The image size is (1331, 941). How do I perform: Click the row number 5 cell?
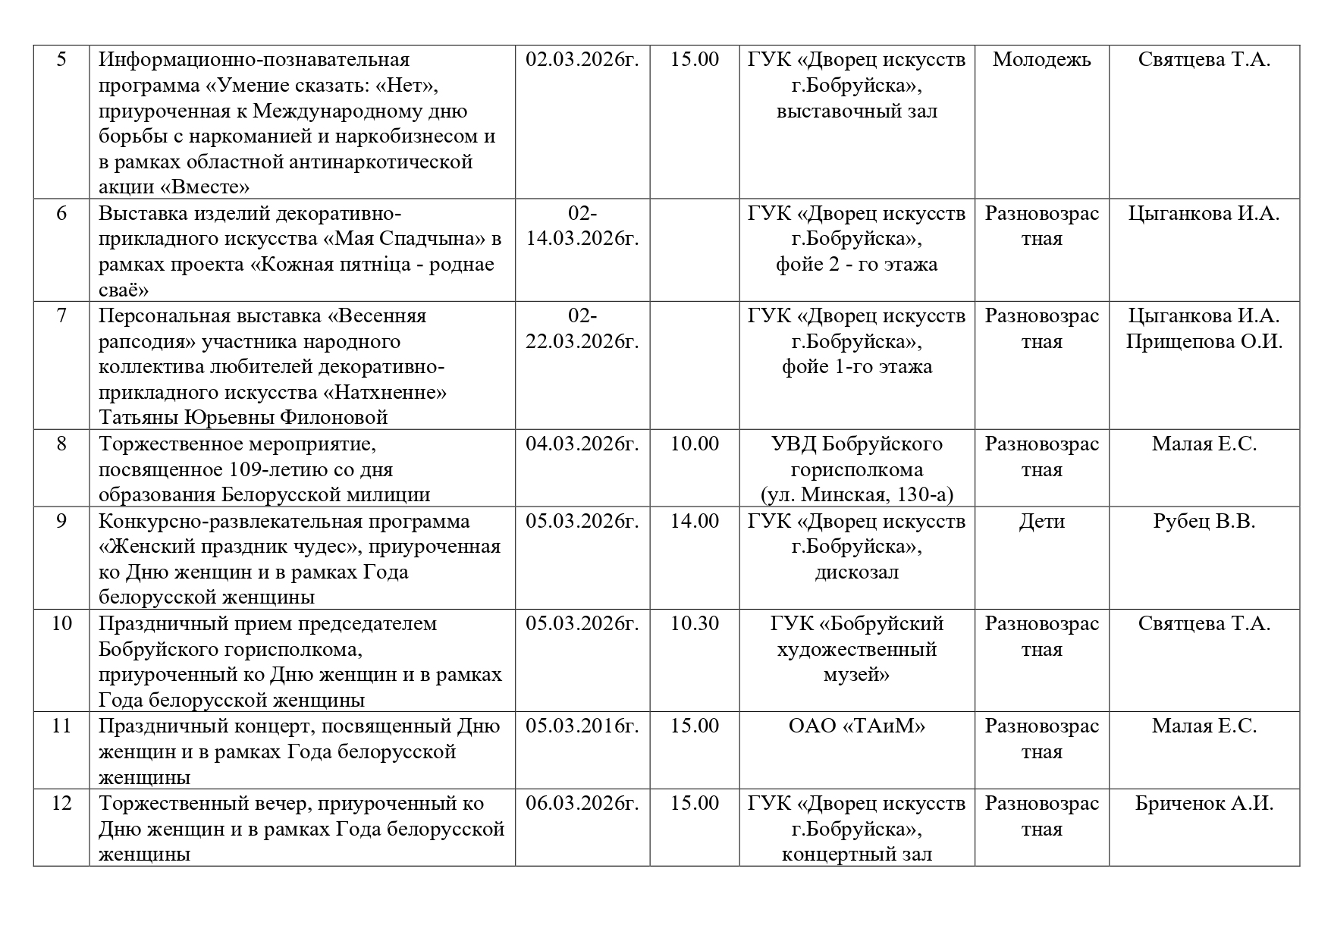coord(61,60)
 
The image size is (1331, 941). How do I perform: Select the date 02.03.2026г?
coord(582,60)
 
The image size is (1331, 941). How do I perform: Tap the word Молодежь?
coord(1041,60)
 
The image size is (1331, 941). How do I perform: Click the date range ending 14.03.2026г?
coord(582,239)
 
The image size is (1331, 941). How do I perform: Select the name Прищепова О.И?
coord(1204,342)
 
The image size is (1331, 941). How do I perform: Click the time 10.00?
coord(694,444)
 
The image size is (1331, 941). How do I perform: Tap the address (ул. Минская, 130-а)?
coord(856,495)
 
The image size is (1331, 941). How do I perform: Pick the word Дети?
coord(1041,522)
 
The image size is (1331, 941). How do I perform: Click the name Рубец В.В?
coord(1204,522)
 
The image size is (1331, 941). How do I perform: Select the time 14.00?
coord(694,522)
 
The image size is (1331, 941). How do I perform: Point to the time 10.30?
coord(694,624)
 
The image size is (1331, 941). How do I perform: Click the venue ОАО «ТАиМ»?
coord(856,726)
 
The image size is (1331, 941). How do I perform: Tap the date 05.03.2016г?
coord(582,726)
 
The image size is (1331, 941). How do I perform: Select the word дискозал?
coord(856,572)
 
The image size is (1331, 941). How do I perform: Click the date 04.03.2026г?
coord(582,444)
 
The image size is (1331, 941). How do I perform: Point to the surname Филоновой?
coord(334,418)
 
